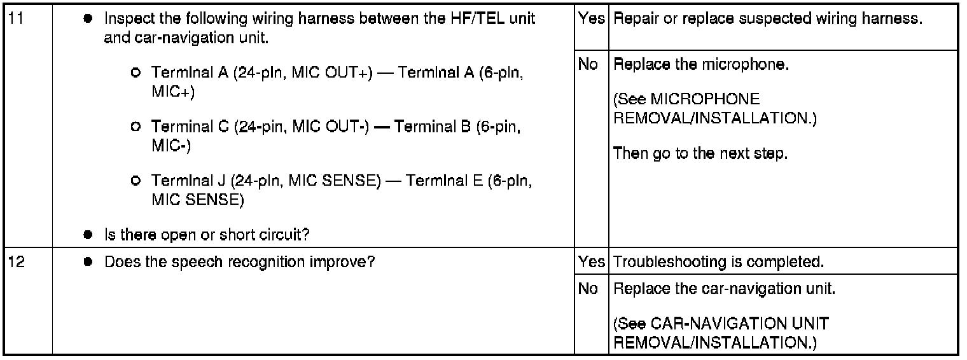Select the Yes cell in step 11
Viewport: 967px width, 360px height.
click(x=591, y=19)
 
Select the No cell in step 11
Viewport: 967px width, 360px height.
click(x=588, y=65)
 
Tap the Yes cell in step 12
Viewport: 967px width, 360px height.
click(x=591, y=262)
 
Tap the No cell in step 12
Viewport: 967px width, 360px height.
click(x=588, y=289)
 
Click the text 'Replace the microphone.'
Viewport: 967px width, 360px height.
click(x=701, y=65)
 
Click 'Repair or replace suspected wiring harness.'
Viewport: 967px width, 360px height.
click(x=767, y=19)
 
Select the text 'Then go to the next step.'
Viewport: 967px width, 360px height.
click(x=700, y=154)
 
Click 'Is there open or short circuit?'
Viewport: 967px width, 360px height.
click(x=207, y=235)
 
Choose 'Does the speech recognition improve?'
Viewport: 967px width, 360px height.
click(x=239, y=262)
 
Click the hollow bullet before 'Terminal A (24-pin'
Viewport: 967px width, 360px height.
click(x=135, y=74)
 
